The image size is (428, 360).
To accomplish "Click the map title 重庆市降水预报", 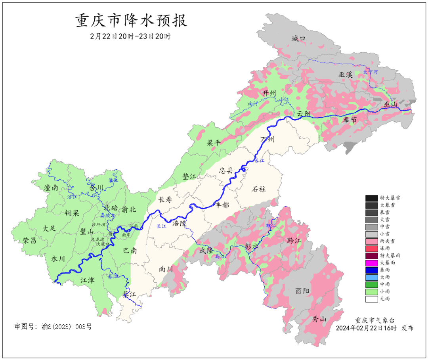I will pyautogui.click(x=131, y=20).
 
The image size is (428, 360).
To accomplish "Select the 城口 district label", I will pyautogui.click(x=299, y=38).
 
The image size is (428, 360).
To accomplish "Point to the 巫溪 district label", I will pyautogui.click(x=345, y=75).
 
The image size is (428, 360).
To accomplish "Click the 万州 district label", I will pyautogui.click(x=267, y=140).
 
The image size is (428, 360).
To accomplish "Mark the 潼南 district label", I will pyautogui.click(x=52, y=188).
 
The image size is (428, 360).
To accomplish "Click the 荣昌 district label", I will pyautogui.click(x=29, y=240).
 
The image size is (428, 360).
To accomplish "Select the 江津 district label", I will pyautogui.click(x=88, y=280).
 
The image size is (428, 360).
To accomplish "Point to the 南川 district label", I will pyautogui.click(x=166, y=269).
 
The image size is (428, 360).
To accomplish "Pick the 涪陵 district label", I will pyautogui.click(x=179, y=223).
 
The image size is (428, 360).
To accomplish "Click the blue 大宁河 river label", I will pyautogui.click(x=371, y=72).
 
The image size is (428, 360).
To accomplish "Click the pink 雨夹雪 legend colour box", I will pyautogui.click(x=371, y=241).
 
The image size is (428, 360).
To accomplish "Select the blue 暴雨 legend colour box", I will pyautogui.click(x=371, y=270).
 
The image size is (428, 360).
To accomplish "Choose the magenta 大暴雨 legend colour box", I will pyautogui.click(x=371, y=263).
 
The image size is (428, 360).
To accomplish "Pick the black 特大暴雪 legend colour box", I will pyautogui.click(x=371, y=198).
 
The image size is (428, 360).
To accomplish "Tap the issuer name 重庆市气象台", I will pyautogui.click(x=374, y=320).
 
